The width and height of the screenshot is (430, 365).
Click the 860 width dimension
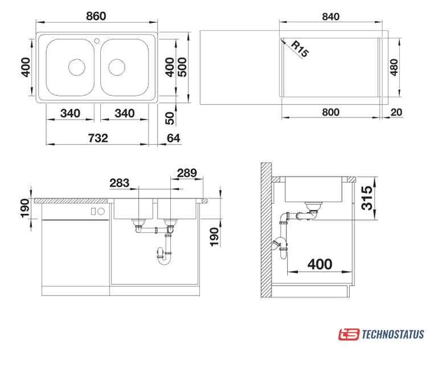click(96, 16)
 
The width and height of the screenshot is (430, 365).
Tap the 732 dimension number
click(98, 138)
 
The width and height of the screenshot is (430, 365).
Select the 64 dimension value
click(173, 138)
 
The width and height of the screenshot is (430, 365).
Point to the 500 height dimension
click(182, 67)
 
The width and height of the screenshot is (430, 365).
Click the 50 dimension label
click(170, 118)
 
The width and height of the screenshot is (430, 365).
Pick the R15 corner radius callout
click(300, 49)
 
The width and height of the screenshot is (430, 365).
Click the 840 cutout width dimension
click(331, 17)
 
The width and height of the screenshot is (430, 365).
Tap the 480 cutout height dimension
click(394, 67)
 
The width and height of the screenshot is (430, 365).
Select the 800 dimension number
click(331, 112)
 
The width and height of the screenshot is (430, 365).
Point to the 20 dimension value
click(396, 112)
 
